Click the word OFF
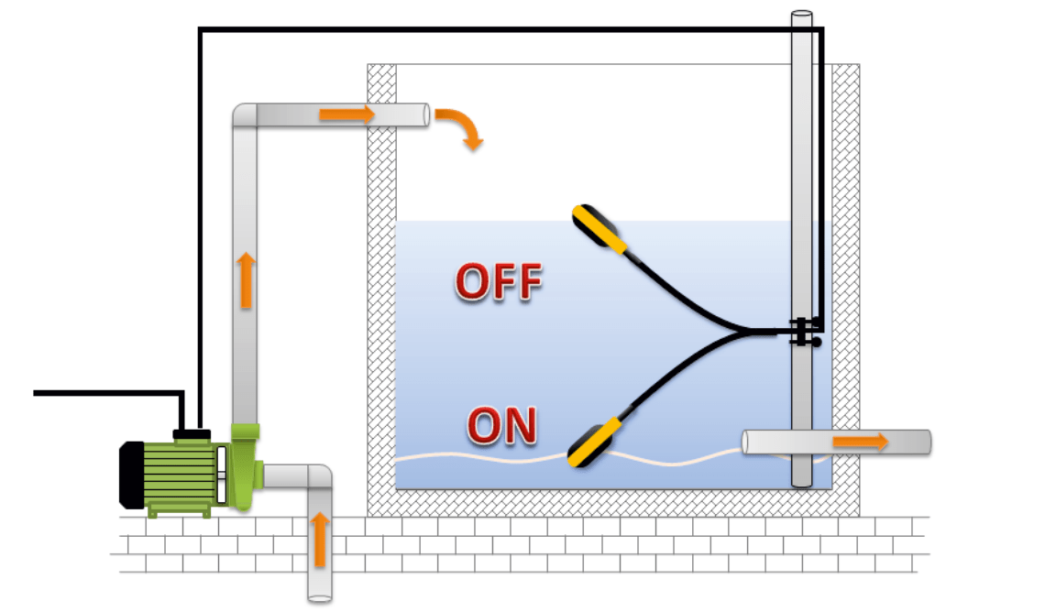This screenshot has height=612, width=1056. pyautogui.click(x=499, y=283)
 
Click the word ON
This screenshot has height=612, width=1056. pyautogui.click(x=501, y=427)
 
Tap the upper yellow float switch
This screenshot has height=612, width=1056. pyautogui.click(x=598, y=229)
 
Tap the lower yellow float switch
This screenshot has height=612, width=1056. pyautogui.click(x=595, y=442)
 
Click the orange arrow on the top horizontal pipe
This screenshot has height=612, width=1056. pyautogui.click(x=346, y=115)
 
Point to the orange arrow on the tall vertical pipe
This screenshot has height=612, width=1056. pyautogui.click(x=245, y=279)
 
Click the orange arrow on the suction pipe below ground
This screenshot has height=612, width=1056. pyautogui.click(x=319, y=539)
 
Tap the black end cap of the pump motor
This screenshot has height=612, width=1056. pyautogui.click(x=132, y=474)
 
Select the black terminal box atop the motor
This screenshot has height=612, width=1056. pyautogui.click(x=192, y=432)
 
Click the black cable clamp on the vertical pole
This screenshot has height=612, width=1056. pyautogui.click(x=804, y=332)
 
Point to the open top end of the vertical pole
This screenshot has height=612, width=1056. pyautogui.click(x=802, y=16)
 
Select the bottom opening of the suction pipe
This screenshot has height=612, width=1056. pyautogui.click(x=319, y=597)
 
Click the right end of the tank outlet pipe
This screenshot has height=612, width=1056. pyautogui.click(x=928, y=442)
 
